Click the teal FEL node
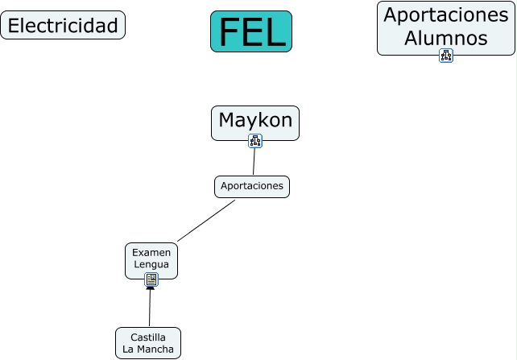(251, 31)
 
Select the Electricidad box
(63, 26)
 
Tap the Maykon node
(255, 120)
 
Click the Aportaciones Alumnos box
(445, 26)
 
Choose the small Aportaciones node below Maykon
(252, 186)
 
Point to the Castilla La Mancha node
(148, 342)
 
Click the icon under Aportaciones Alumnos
(446, 56)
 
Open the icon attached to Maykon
(255, 141)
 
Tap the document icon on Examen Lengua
(151, 279)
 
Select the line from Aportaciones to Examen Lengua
(206, 220)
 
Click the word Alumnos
(446, 38)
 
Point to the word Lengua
(151, 264)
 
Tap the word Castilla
(148, 337)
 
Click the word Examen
(151, 252)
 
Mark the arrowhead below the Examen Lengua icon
(150, 288)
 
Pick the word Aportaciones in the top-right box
(446, 14)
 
